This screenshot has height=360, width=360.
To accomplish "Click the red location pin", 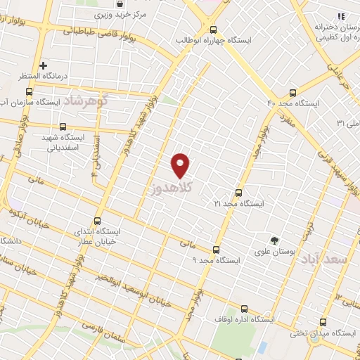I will click(x=181, y=165).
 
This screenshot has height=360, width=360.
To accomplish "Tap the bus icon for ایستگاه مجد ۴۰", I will click(x=293, y=93).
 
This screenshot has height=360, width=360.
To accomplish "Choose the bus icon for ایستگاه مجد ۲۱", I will click(x=238, y=192).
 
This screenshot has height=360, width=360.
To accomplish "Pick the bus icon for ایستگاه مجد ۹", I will click(x=215, y=249).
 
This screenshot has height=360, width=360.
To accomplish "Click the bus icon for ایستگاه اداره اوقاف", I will click(x=244, y=309).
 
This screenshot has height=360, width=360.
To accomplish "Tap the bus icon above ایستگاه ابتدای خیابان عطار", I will click(x=96, y=219).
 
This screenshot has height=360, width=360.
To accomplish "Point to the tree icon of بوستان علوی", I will click(x=274, y=240).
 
